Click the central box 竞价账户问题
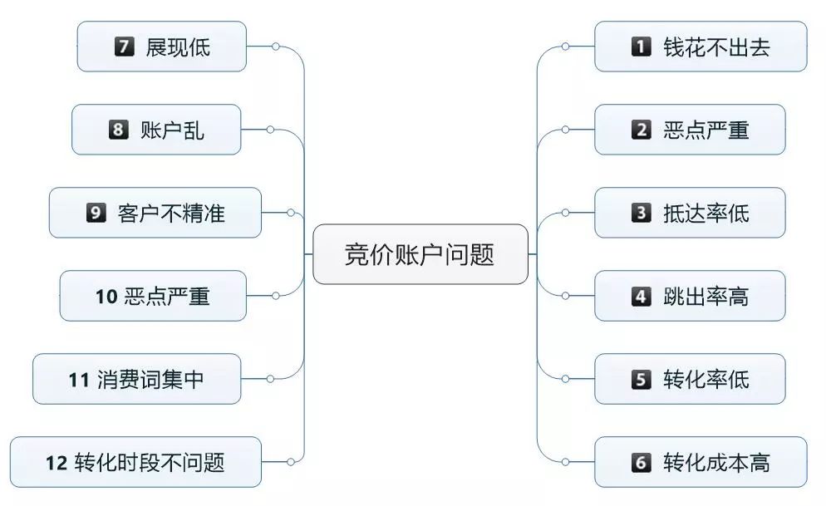(420, 254)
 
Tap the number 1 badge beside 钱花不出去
(641, 47)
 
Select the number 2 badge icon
(641, 130)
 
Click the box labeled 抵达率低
(690, 213)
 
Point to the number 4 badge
(641, 296)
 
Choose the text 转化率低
(706, 379)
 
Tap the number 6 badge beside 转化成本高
(641, 462)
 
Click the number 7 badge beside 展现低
(125, 47)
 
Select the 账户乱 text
(172, 130)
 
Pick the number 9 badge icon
(96, 213)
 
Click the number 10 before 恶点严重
(106, 297)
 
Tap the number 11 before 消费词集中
(78, 380)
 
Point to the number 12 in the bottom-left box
(57, 463)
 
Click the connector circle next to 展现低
(276, 47)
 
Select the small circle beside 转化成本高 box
(565, 462)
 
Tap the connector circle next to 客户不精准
(291, 213)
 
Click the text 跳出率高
(706, 296)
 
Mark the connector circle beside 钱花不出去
(565, 47)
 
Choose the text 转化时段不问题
(150, 463)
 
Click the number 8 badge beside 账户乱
(119, 130)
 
